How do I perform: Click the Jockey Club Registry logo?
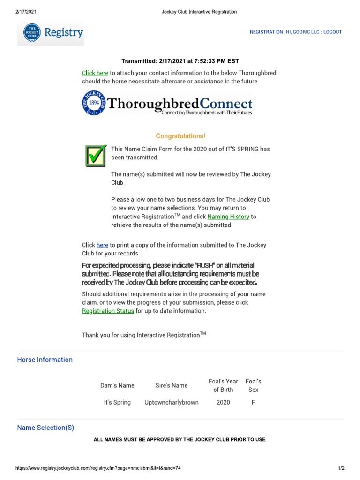[51, 33]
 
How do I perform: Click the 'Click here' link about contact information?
[95, 73]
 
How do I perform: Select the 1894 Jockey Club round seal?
[94, 104]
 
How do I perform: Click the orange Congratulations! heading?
[180, 136]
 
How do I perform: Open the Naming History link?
[228, 217]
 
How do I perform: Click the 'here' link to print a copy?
[102, 245]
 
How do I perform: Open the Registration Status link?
[108, 311]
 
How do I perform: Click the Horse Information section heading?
[45, 360]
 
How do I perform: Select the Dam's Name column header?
[117, 385]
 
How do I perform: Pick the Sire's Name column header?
[172, 385]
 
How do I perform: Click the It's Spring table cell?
[117, 402]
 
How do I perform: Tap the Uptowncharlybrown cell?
[172, 402]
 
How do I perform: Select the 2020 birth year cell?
[223, 402]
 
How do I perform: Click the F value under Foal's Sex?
[253, 402]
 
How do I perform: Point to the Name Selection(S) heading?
[45, 427]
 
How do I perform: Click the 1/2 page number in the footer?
[341, 468]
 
